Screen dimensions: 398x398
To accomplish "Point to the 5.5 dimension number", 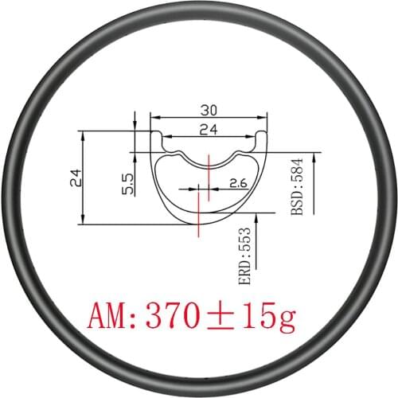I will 127,185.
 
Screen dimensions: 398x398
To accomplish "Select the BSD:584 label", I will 298,194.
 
